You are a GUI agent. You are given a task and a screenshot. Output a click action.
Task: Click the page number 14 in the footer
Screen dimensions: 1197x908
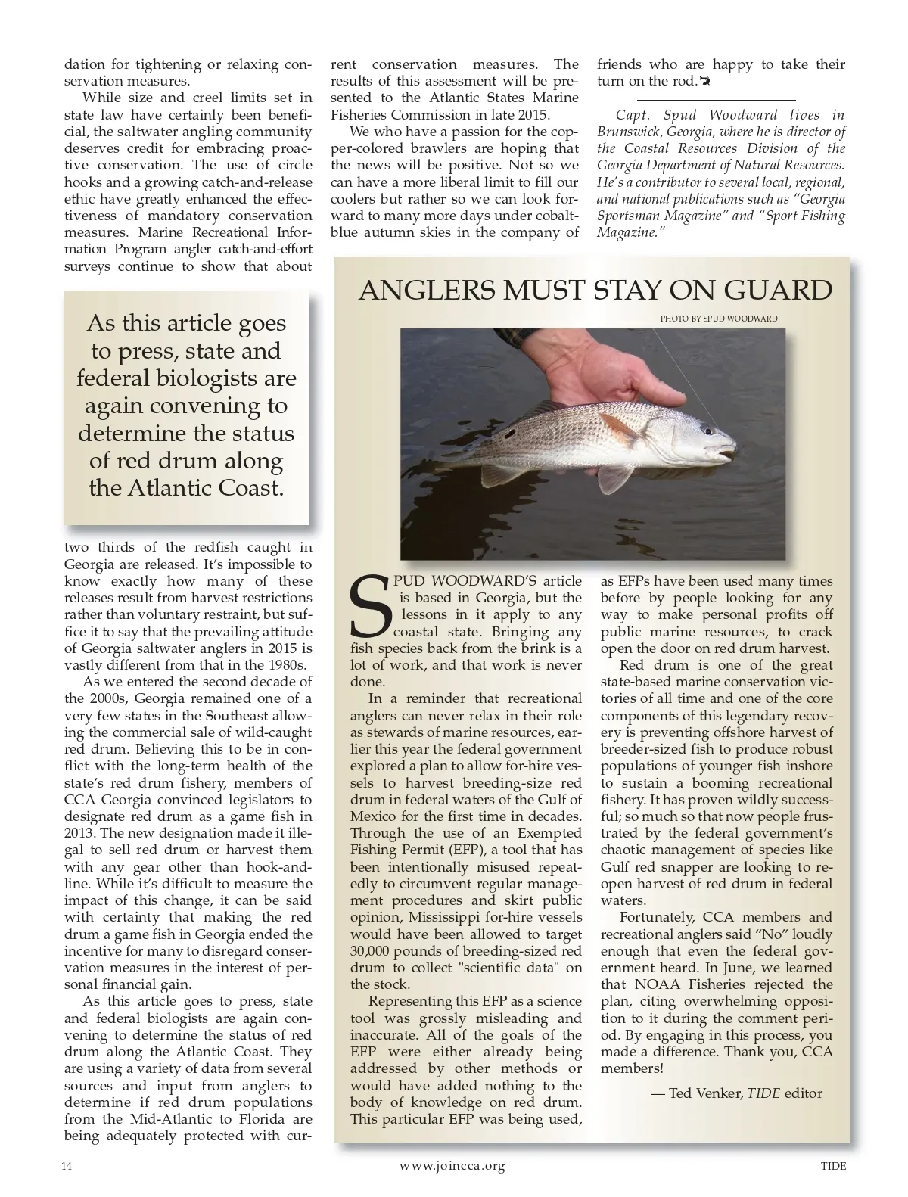(67, 1166)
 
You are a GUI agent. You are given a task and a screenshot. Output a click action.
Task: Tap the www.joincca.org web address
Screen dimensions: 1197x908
(452, 1166)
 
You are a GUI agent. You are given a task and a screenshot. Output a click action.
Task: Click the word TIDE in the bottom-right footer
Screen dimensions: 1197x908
(833, 1166)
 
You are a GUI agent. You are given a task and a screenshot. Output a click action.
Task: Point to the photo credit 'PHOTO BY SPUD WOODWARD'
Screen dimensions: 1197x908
(718, 319)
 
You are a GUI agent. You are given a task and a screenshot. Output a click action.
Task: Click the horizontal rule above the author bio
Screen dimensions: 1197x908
(716, 100)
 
